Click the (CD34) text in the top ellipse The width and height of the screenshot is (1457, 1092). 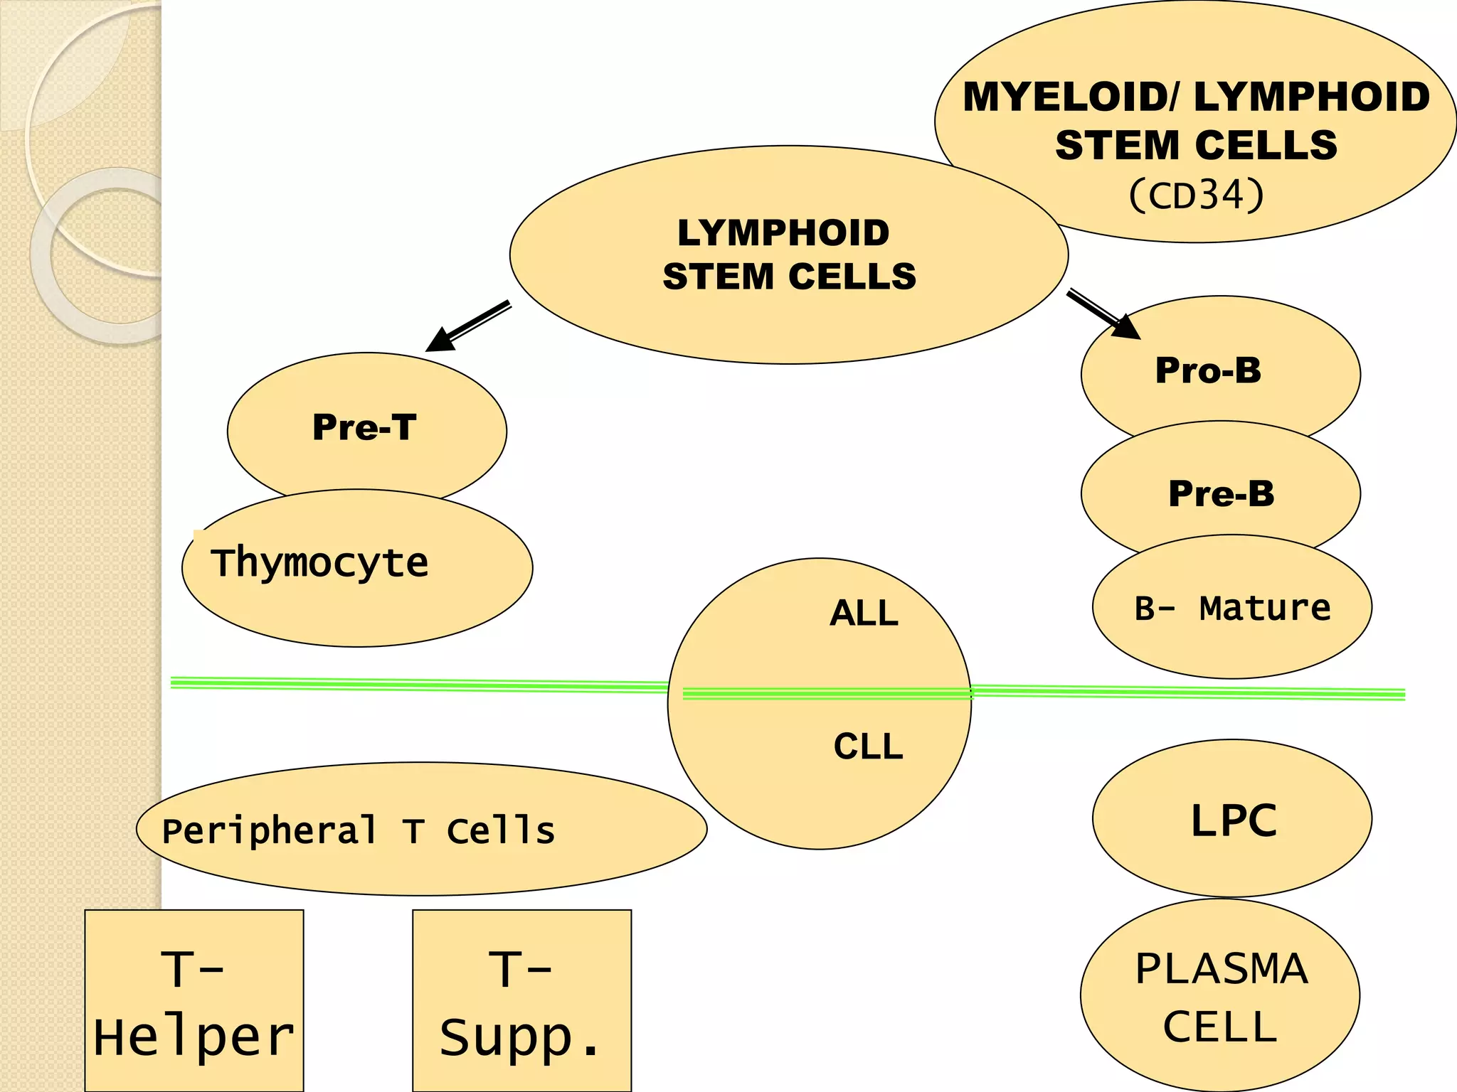[1196, 195]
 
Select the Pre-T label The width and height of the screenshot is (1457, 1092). [364, 428]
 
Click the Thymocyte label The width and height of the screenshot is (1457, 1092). [320, 563]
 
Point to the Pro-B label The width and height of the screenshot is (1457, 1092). [1208, 370]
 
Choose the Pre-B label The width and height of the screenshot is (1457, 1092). [1221, 493]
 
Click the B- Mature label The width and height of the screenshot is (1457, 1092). [1232, 609]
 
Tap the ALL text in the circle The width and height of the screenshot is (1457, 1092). [864, 613]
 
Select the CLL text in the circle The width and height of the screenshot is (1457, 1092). [868, 746]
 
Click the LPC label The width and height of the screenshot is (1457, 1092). [1234, 820]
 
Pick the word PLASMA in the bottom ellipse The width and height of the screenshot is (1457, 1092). [1221, 968]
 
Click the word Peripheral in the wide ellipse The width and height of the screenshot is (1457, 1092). [270, 831]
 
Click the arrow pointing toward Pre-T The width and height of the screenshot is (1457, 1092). [467, 326]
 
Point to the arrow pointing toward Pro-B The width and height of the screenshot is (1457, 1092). [1103, 314]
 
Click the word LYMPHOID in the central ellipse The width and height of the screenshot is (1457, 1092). [783, 233]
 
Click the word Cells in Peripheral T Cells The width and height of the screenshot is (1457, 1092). [501, 830]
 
